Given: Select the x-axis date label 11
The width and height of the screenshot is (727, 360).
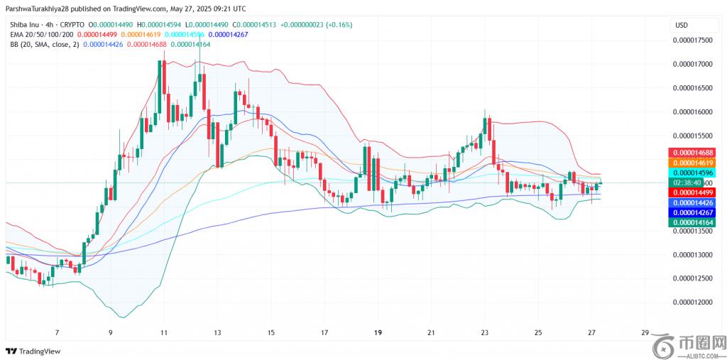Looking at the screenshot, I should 164,332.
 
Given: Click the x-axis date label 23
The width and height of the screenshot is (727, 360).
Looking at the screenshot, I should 484,332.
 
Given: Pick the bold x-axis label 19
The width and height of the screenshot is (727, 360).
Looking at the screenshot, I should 378,332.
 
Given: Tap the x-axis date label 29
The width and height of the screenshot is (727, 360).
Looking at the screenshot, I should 644,332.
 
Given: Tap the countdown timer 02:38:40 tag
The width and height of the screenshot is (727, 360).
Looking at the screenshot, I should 687,182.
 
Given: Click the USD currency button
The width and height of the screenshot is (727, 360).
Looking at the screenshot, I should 682,26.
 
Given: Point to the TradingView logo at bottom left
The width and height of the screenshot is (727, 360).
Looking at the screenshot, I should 33,351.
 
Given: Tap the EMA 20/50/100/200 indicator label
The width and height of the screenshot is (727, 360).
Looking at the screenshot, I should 41,34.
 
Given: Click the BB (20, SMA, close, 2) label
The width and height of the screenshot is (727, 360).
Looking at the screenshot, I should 45,44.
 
